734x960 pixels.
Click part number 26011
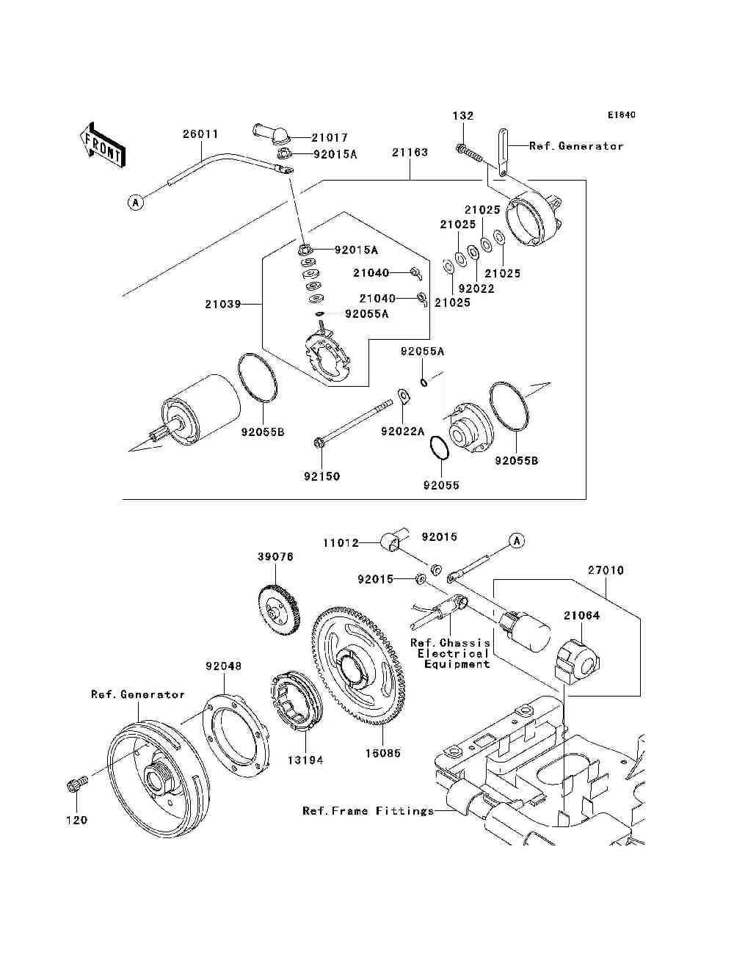(200, 134)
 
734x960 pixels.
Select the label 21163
(410, 153)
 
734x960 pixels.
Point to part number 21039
(222, 303)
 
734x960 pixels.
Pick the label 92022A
(402, 432)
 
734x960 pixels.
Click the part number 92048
(223, 666)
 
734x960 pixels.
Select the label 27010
(606, 570)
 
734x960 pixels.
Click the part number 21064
(581, 616)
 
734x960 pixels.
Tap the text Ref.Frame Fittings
(368, 811)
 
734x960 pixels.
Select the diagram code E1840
(621, 115)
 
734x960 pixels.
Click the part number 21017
(330, 137)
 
